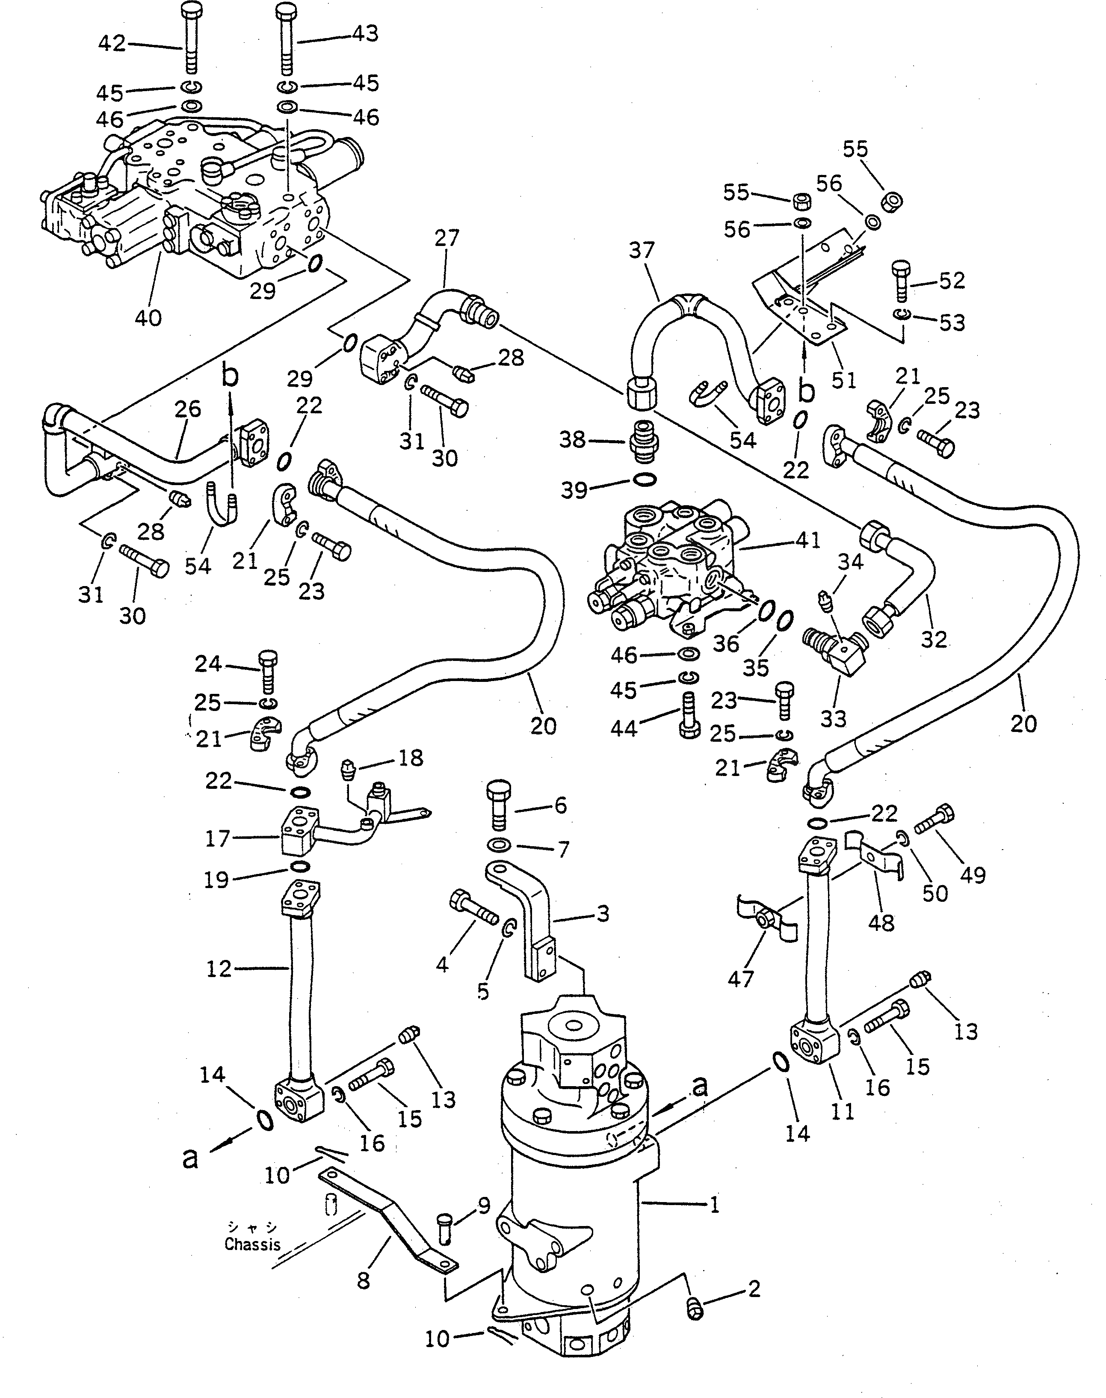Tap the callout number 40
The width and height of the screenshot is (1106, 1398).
pos(148,318)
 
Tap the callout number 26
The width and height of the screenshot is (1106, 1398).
pos(188,409)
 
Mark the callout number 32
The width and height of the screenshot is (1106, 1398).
pos(934,639)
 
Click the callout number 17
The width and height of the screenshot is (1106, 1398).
pos(218,838)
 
